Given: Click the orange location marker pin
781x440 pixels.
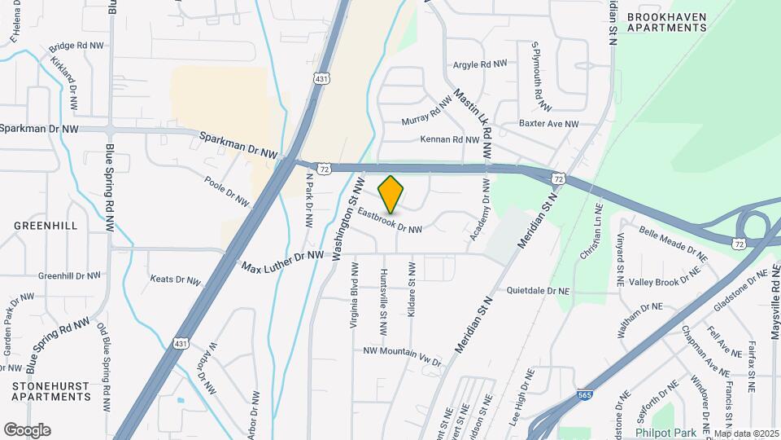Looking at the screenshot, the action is point(391,194).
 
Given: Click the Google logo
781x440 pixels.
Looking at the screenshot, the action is point(27,429).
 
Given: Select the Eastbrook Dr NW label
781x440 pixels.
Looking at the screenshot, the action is point(389,221).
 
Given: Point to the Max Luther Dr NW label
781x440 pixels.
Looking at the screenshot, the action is point(281,261).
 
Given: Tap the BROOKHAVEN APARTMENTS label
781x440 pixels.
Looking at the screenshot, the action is point(666,20).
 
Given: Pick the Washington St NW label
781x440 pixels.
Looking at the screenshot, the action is point(347,207).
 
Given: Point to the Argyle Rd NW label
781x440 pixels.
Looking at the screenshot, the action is point(480,63).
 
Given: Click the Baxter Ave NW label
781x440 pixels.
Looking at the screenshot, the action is point(548,124).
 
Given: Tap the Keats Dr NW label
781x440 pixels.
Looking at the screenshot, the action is point(176,279).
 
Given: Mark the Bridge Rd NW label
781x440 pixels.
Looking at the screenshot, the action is point(78,47).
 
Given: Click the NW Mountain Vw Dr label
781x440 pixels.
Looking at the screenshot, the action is point(402,355).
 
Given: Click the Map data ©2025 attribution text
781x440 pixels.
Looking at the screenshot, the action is point(746,433).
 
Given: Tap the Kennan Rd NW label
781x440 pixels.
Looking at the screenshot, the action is point(450,139).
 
